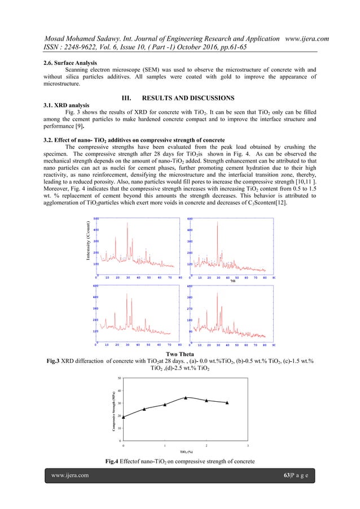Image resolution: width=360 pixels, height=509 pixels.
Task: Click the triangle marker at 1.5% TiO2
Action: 186,398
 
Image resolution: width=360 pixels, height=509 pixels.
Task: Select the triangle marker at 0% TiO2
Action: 124,416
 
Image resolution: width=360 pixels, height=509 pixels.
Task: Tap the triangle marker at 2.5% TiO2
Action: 227,402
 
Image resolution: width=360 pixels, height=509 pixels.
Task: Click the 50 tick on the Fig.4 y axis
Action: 119,378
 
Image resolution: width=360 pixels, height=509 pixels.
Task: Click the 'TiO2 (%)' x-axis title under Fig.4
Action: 187,452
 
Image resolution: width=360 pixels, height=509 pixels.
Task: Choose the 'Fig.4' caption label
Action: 115,463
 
